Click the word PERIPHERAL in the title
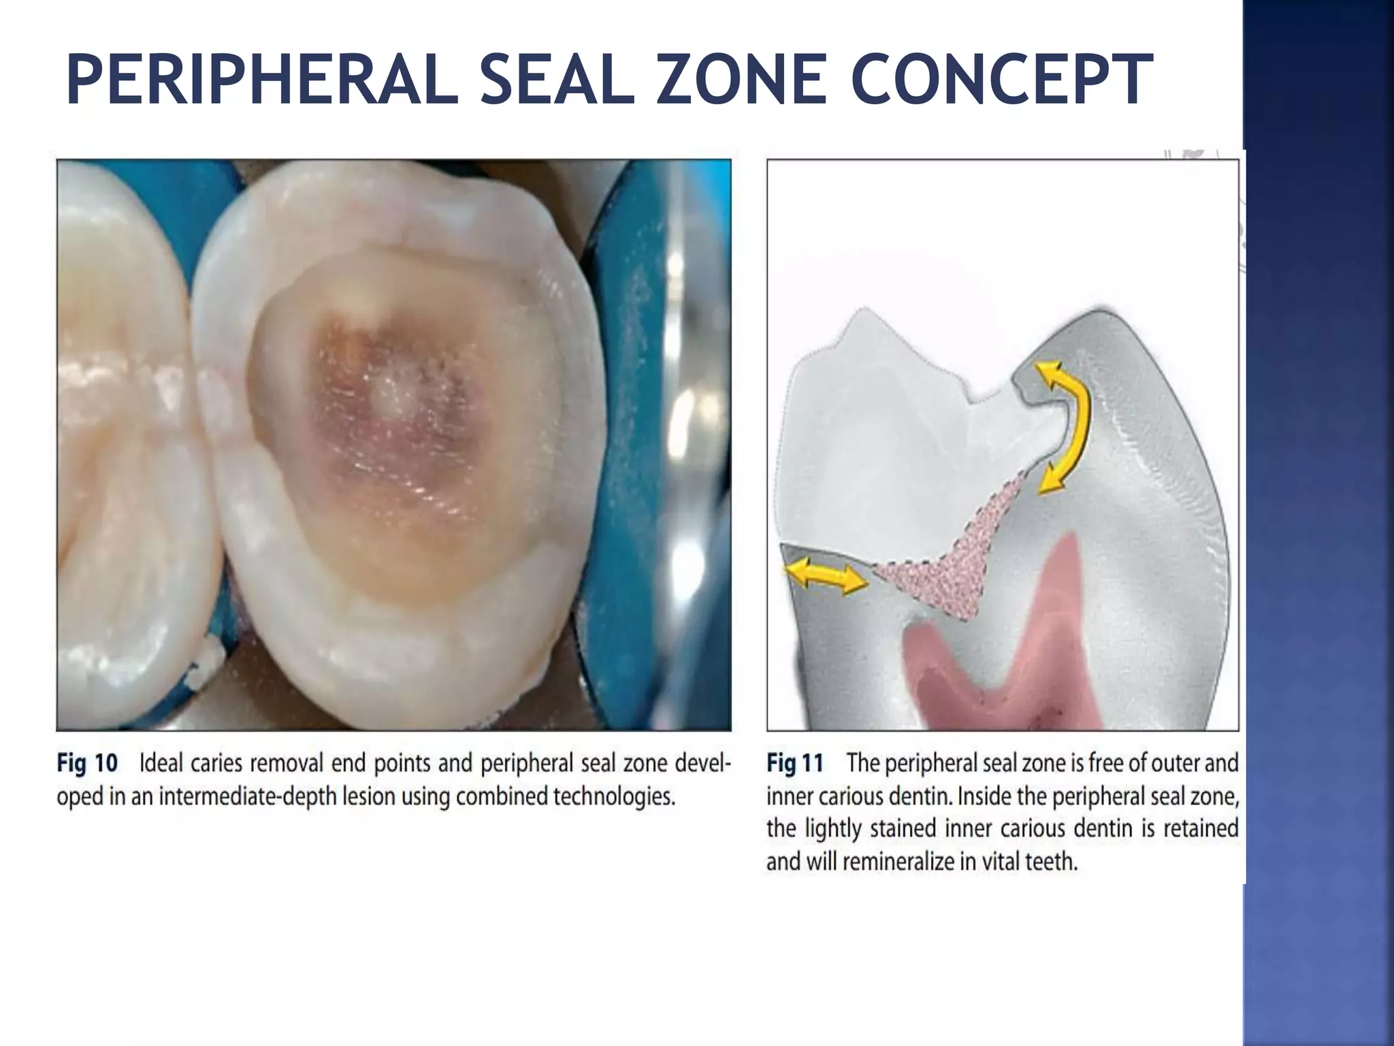coord(262,80)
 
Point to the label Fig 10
coord(87,763)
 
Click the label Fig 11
coord(795,763)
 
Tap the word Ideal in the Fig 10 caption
coord(161,763)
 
